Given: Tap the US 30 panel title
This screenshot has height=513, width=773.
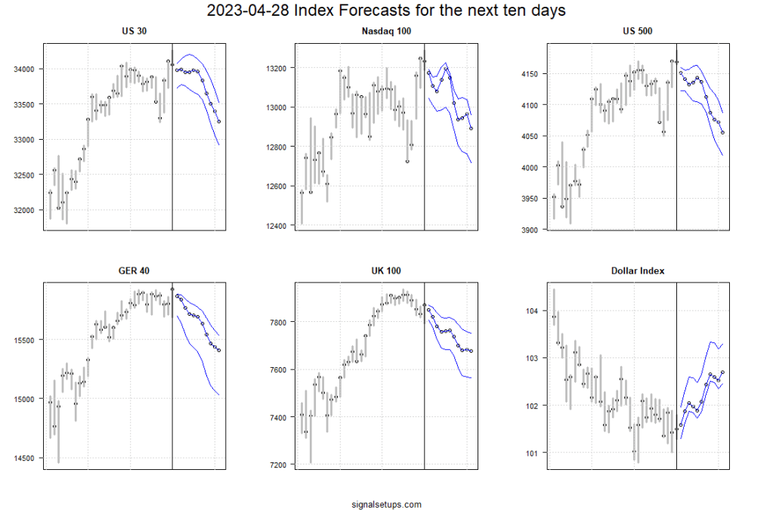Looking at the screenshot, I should (134, 32).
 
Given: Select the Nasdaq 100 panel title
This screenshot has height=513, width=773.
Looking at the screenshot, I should (386, 32).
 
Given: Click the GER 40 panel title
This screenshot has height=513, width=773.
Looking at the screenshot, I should (134, 270).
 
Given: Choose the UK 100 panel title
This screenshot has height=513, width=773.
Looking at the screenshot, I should (386, 270).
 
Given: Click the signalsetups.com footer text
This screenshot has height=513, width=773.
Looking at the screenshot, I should (386, 504).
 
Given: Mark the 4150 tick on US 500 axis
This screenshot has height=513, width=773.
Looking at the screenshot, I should (531, 74).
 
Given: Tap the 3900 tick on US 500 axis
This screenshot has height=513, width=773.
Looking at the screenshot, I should (531, 230).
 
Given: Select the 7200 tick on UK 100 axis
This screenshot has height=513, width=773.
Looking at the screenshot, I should (279, 465).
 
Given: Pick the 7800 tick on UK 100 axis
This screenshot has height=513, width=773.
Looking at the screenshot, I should (279, 323).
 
